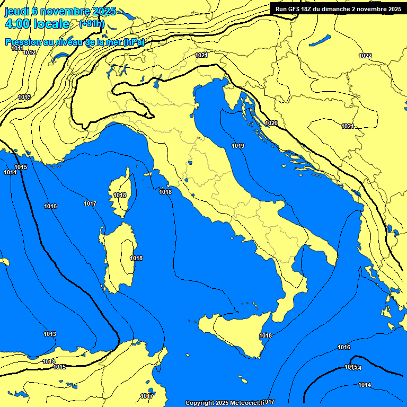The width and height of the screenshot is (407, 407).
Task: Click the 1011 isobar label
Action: point(17,48)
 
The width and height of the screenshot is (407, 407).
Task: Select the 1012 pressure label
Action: point(30,52)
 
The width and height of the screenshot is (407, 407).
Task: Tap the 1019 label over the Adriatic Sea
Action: point(238,146)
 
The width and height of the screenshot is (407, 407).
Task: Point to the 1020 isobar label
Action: point(271,123)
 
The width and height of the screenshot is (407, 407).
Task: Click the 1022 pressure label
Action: point(365,56)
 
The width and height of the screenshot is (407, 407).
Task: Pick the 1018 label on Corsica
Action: point(120,195)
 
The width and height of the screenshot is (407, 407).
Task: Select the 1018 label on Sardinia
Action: point(136,258)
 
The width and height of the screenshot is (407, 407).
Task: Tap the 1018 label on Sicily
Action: point(266,335)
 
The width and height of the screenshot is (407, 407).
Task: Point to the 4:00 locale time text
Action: point(37,24)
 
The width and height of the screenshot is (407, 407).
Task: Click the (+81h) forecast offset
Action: point(91,24)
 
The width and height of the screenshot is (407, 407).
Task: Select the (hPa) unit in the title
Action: point(134,42)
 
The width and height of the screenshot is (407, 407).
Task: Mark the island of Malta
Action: point(243,381)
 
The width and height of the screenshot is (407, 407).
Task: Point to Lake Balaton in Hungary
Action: point(321,40)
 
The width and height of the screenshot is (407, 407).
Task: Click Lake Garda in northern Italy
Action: point(157,81)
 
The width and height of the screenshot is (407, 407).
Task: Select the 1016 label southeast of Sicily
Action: point(344,347)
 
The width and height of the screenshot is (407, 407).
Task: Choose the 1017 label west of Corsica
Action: point(90,203)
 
